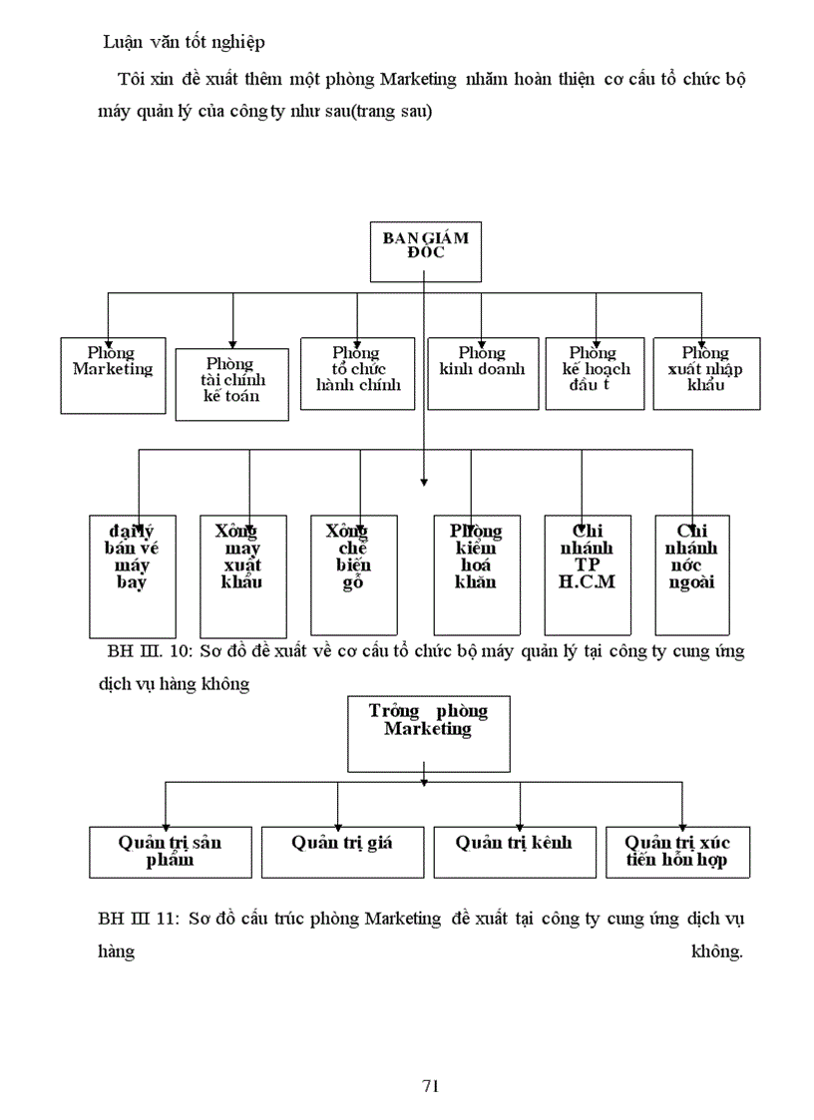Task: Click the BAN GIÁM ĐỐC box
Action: (x=425, y=251)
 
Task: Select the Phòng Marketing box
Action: (x=113, y=375)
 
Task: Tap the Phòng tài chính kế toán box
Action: (x=231, y=384)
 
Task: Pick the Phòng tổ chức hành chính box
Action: (x=357, y=373)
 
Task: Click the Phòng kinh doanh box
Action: (x=482, y=373)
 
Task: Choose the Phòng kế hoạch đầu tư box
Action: (x=596, y=373)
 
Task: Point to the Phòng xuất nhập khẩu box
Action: (x=705, y=373)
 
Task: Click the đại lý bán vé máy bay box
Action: (x=132, y=575)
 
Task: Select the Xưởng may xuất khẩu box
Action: (x=242, y=575)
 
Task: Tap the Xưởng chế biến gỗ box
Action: (x=353, y=575)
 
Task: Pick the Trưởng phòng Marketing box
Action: (x=428, y=733)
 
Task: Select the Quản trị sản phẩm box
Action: (x=170, y=852)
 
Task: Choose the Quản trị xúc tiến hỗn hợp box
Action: (x=677, y=852)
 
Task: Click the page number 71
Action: (x=431, y=1086)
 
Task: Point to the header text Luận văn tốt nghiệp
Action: (x=184, y=42)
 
